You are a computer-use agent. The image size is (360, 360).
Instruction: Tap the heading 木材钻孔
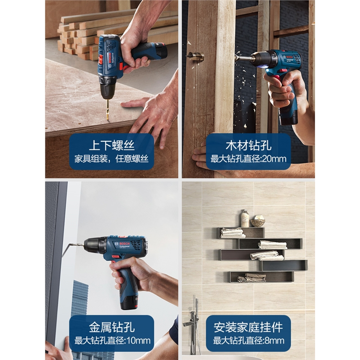(248, 145)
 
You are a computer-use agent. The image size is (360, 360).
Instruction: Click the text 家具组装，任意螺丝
(111, 159)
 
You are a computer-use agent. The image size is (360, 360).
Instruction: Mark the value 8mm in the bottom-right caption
(274, 340)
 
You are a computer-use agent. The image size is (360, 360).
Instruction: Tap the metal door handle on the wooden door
(195, 56)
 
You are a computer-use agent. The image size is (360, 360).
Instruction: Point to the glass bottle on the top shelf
(245, 219)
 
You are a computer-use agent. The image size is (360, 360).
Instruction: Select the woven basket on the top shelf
(258, 221)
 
